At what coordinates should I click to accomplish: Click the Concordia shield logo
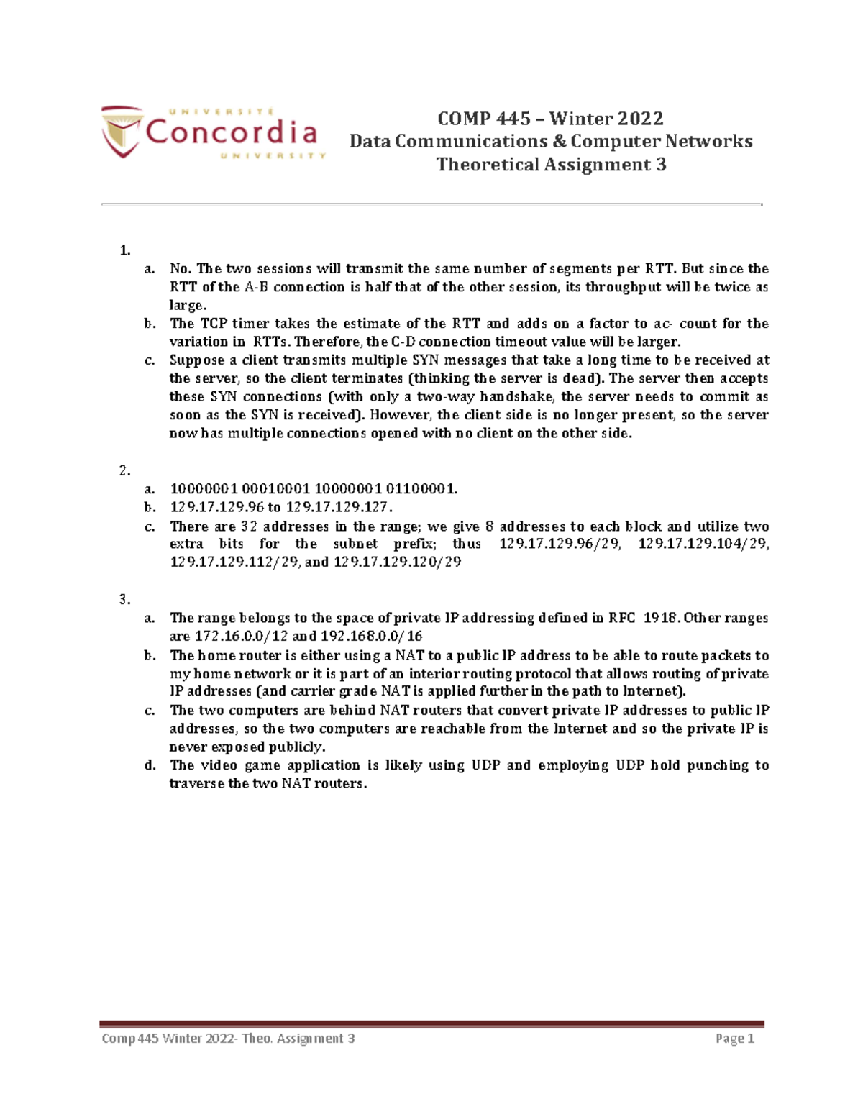coord(121,131)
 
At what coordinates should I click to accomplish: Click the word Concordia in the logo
coord(232,132)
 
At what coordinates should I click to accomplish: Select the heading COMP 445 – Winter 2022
coord(550,118)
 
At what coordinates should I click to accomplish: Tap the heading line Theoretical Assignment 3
coord(551,165)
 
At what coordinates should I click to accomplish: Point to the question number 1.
coord(125,250)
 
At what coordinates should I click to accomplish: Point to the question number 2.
coord(125,471)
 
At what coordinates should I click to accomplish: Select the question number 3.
coord(125,599)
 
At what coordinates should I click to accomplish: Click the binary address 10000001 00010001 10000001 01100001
coord(313,489)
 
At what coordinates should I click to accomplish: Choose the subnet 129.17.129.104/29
coord(703,544)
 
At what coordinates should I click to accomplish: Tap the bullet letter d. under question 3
coord(150,765)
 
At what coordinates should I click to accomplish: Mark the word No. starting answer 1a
coord(180,269)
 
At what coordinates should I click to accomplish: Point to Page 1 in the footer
coord(734,1039)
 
